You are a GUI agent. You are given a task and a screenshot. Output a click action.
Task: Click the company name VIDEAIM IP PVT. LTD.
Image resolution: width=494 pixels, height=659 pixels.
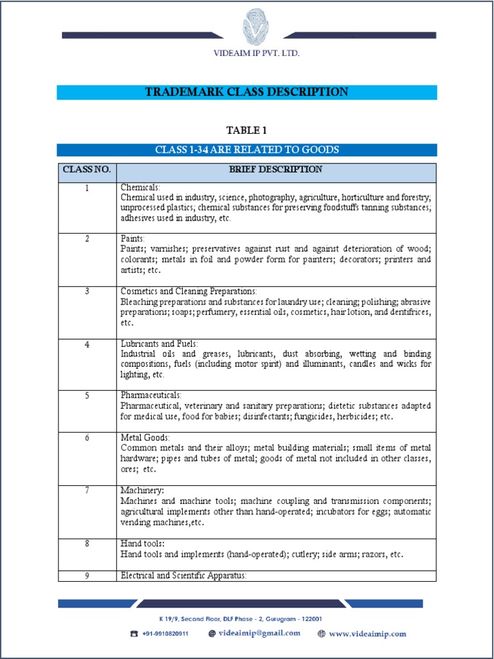point(256,53)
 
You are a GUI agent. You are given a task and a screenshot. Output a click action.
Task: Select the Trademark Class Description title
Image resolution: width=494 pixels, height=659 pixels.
point(246,92)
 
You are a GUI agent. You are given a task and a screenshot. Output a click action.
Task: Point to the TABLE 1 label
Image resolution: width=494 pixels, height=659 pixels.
point(246,131)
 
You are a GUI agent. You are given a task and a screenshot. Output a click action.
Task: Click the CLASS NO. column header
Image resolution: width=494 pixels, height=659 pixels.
point(86,170)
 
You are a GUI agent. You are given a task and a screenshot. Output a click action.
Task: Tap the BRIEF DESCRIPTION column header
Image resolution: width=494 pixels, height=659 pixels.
point(275,170)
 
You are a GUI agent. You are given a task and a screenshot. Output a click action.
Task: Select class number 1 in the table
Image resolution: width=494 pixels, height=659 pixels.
point(86,187)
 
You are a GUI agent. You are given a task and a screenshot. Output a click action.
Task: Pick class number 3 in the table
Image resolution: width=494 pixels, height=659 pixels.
point(86,292)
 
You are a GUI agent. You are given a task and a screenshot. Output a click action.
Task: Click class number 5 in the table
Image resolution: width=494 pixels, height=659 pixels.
point(86,395)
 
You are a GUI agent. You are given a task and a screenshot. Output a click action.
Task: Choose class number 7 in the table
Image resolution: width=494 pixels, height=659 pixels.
point(86,490)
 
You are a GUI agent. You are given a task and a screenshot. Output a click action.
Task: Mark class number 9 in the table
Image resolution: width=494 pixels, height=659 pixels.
point(86,576)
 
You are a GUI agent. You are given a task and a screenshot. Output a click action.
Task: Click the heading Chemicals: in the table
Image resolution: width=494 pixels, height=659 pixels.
point(140,187)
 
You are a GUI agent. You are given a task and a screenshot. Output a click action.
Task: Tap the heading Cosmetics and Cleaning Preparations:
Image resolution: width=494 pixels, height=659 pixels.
point(188,292)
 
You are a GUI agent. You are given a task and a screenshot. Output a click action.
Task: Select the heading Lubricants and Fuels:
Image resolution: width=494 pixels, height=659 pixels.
point(159,344)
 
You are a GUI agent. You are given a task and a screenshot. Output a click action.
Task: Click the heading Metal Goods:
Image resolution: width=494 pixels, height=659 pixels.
point(145,438)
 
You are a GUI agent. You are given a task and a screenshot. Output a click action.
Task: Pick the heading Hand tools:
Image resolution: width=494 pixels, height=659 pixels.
point(143,544)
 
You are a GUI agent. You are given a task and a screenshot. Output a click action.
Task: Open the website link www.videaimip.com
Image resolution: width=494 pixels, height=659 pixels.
point(367,634)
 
